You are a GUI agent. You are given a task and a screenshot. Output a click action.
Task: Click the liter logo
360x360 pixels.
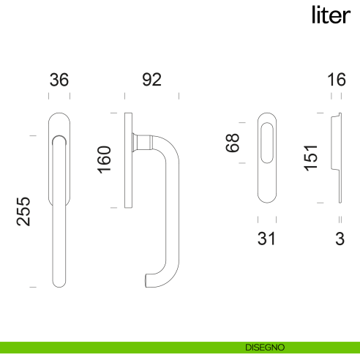[331, 15]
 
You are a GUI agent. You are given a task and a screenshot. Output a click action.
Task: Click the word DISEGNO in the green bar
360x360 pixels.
[265, 348]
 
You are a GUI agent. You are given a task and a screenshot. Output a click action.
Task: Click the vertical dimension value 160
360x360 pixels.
[104, 160]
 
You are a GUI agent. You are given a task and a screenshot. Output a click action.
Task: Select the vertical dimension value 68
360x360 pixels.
[233, 142]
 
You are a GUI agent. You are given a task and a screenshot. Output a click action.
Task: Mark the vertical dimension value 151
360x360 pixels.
[311, 157]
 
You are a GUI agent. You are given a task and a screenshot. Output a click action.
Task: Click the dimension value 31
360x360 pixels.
[266, 239]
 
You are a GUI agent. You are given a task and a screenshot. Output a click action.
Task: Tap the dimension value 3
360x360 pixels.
[339, 239]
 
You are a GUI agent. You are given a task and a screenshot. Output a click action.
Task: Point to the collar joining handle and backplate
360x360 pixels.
[143, 141]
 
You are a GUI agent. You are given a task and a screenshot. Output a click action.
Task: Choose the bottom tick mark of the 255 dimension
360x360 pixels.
[32, 288]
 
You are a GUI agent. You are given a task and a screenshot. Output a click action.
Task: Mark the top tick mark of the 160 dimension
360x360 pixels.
[113, 113]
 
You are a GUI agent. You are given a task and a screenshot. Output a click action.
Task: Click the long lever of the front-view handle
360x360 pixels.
[59, 220]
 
